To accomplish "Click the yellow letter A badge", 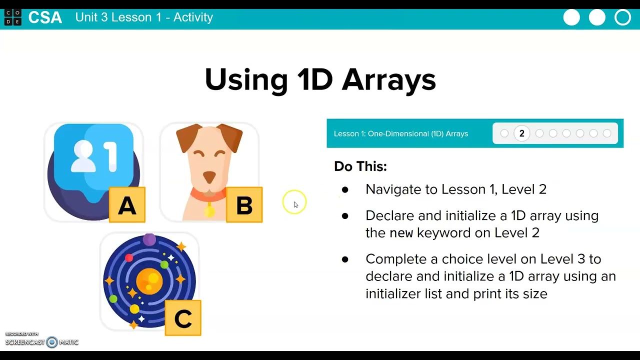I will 127,205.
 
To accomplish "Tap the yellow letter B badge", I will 244,205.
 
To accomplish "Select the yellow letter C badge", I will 183,318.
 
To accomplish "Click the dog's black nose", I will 209,176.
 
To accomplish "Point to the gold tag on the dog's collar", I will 209,211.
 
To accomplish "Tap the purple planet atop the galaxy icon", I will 149,240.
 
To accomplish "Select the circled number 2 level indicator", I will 521,133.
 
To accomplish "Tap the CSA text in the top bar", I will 45,17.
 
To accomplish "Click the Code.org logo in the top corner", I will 12,17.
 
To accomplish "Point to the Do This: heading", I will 360,166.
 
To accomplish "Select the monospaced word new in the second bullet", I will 401,233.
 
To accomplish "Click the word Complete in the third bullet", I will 395,259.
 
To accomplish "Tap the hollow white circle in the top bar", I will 622,17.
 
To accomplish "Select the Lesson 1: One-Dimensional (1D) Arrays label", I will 401,133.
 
